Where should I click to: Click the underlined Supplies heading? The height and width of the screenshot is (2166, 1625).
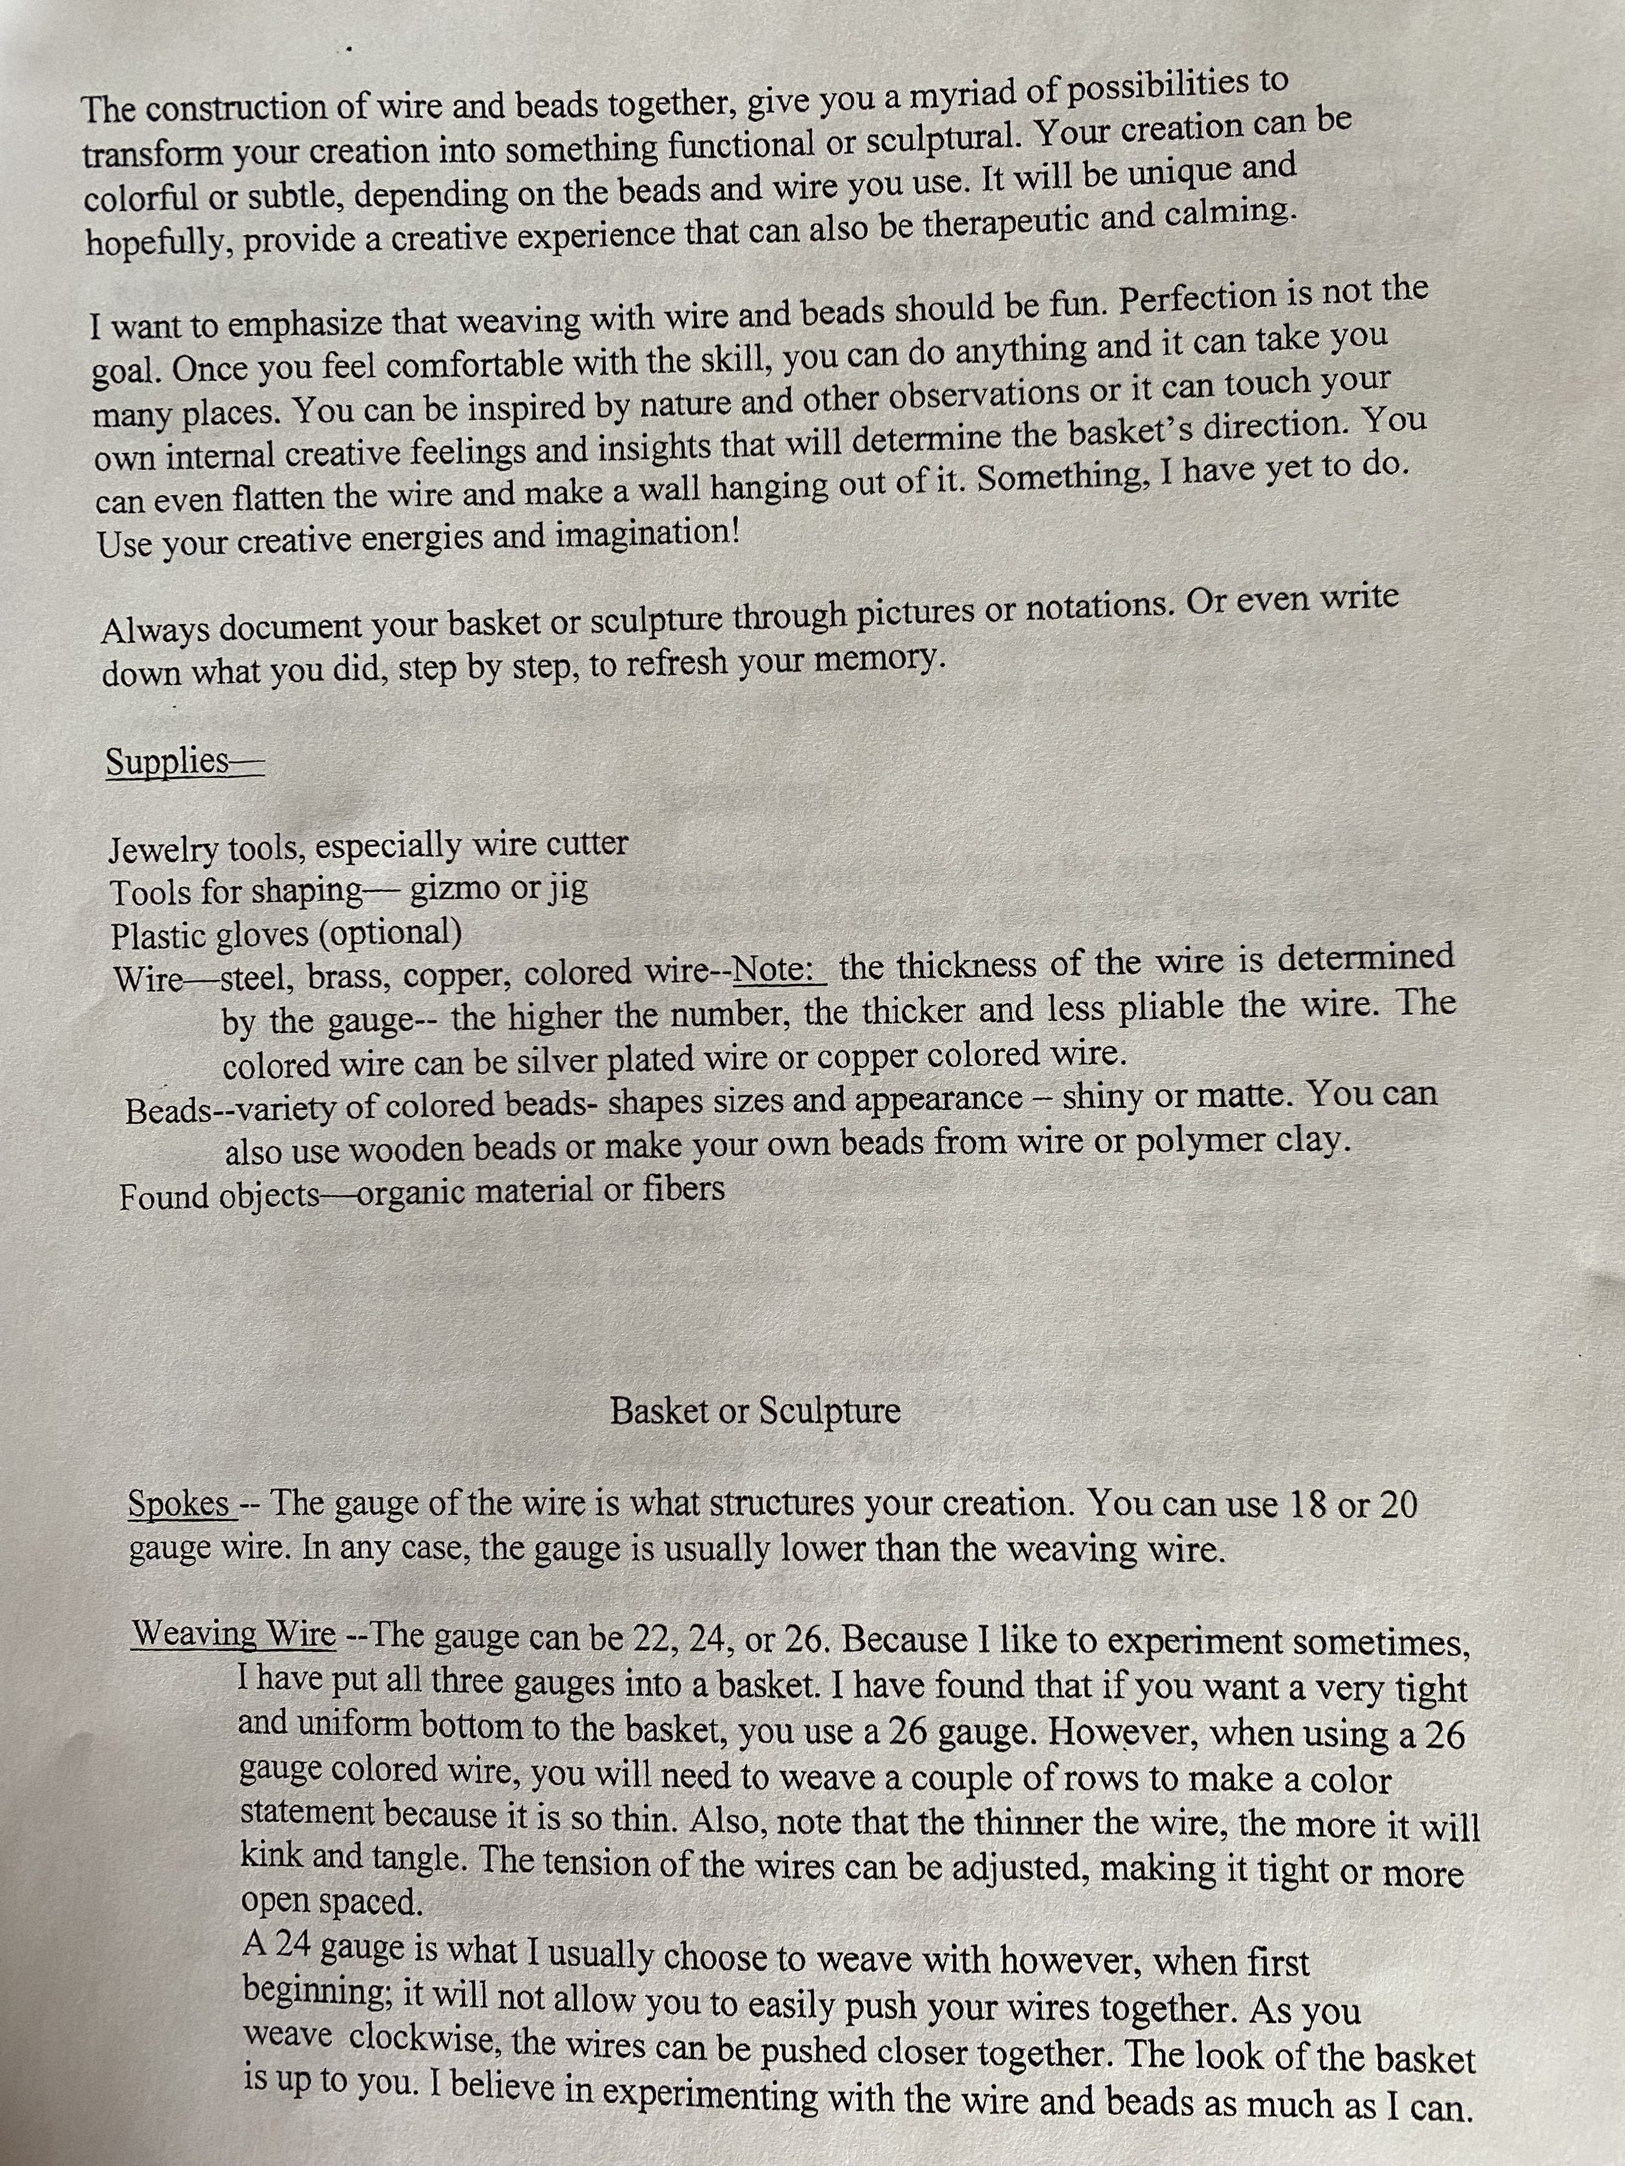(x=169, y=761)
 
